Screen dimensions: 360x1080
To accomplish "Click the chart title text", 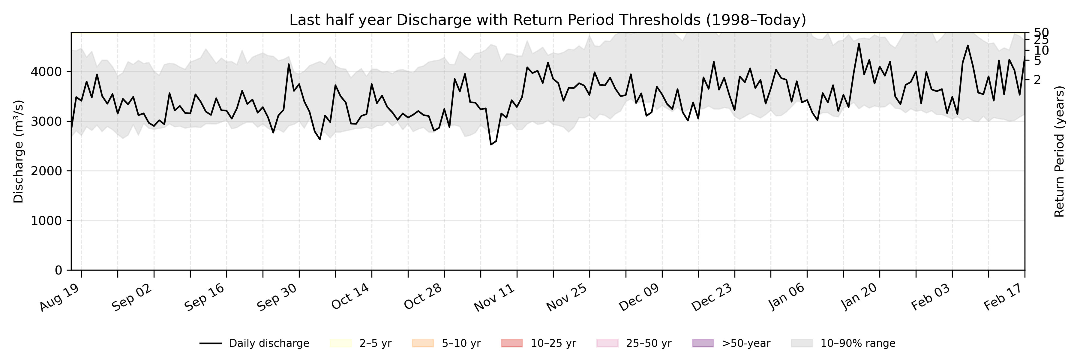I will [x=547, y=20].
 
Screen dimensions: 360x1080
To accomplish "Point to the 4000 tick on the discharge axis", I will [x=46, y=72].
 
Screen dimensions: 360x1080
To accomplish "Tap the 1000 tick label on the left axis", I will [x=46, y=221].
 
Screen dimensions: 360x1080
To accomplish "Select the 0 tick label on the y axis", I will [x=58, y=270].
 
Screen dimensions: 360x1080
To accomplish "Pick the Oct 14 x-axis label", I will [x=350, y=297].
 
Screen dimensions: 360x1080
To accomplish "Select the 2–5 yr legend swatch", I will [x=340, y=343].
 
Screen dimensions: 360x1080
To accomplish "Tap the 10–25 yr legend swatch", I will [x=511, y=343].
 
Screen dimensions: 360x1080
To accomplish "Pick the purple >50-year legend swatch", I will [x=703, y=343].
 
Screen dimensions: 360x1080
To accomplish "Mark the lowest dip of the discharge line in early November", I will [x=491, y=145].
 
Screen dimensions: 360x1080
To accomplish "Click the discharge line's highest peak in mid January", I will [x=859, y=43].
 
